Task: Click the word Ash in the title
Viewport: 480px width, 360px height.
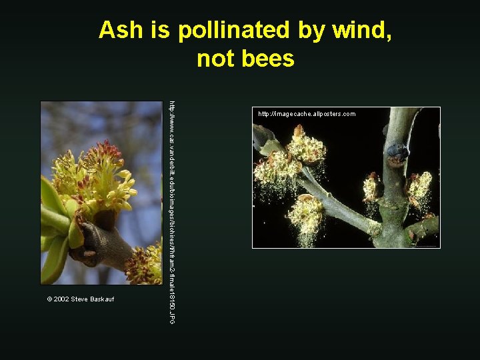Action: point(118,30)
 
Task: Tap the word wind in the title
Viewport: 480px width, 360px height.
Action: point(360,30)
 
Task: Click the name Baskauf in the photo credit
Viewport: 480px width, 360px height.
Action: point(101,299)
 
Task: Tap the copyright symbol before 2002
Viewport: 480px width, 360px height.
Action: point(49,299)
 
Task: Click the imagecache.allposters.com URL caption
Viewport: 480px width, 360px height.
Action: point(307,114)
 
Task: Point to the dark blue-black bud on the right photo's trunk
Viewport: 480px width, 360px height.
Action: point(398,153)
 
